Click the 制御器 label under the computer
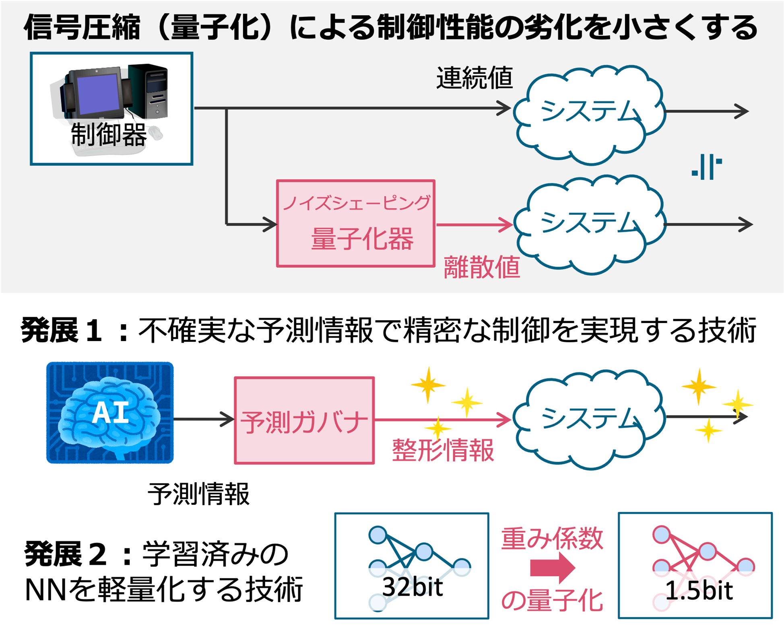click(x=109, y=135)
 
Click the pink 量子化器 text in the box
click(x=362, y=239)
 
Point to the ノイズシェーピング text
click(x=357, y=203)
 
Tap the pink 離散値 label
click(x=481, y=268)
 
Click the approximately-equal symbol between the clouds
click(x=707, y=167)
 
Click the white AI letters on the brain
click(x=111, y=413)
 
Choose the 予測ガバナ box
click(x=304, y=420)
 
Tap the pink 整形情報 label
click(x=443, y=450)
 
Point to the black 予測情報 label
click(x=199, y=494)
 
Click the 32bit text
click(x=412, y=587)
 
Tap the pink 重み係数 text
click(x=552, y=539)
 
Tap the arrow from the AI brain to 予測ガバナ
click(x=204, y=419)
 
